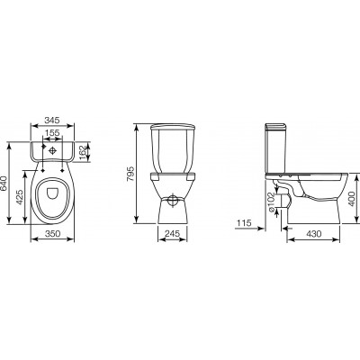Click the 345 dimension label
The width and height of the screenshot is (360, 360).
tap(52, 120)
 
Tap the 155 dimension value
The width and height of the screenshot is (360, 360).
tap(53, 132)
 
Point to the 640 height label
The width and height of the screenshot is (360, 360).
tap(4, 183)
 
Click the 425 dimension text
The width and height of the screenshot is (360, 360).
tap(19, 197)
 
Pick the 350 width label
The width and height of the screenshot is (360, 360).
tap(52, 233)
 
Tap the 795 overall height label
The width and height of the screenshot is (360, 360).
tap(131, 174)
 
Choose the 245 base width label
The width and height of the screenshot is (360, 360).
tap(172, 233)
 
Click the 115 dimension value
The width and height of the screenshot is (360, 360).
tap(244, 223)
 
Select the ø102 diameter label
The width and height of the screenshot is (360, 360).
tap(271, 203)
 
